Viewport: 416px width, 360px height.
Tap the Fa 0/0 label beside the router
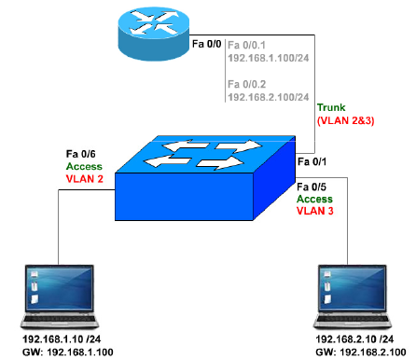(206, 44)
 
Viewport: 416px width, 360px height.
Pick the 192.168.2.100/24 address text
(268, 96)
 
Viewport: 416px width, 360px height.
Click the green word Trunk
(332, 109)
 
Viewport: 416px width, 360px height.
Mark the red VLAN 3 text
(315, 211)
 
